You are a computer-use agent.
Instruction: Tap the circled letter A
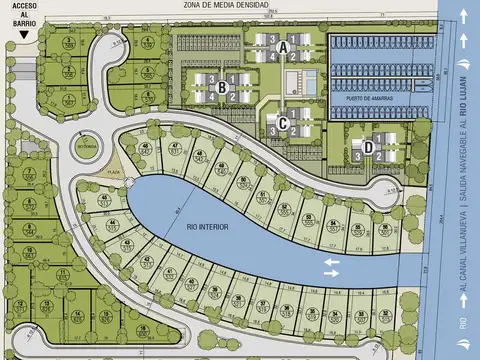[284, 47]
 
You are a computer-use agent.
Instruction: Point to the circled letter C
[284, 124]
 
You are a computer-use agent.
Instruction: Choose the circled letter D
[369, 147]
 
